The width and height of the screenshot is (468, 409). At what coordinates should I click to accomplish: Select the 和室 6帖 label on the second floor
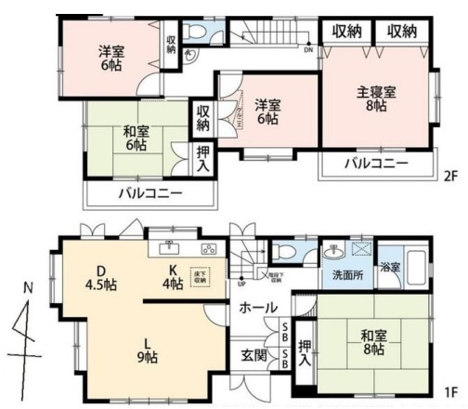click(x=135, y=139)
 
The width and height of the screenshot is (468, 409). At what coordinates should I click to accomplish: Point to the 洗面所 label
click(x=343, y=276)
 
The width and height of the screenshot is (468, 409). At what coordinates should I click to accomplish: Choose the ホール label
click(x=257, y=307)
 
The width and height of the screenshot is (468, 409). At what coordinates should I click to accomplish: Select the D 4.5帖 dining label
click(x=103, y=277)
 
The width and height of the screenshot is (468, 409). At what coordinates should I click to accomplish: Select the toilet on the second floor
click(x=194, y=33)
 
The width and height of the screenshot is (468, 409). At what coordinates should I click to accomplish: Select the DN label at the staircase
click(x=307, y=50)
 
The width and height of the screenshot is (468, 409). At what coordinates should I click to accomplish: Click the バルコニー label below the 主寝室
click(x=376, y=165)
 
